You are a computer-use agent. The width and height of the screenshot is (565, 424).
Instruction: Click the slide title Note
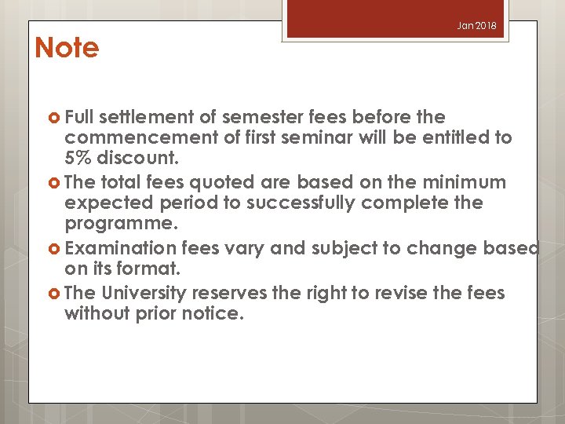click(67, 49)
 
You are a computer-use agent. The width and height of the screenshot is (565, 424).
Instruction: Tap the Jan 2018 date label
click(477, 26)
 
